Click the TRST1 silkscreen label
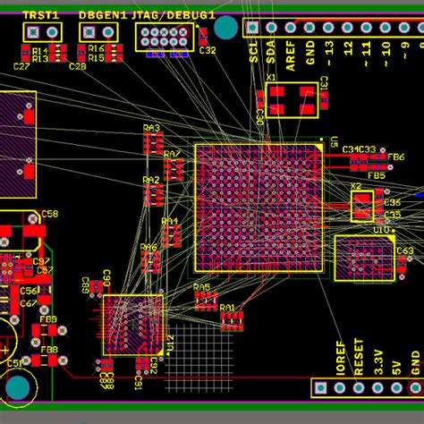click(x=41, y=15)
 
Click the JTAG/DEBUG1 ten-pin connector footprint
click(x=163, y=37)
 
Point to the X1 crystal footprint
click(x=292, y=99)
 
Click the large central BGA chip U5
click(x=259, y=207)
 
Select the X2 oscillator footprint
click(x=361, y=207)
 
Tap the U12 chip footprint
click(x=133, y=326)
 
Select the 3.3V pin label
click(x=378, y=361)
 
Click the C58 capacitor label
click(x=50, y=215)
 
